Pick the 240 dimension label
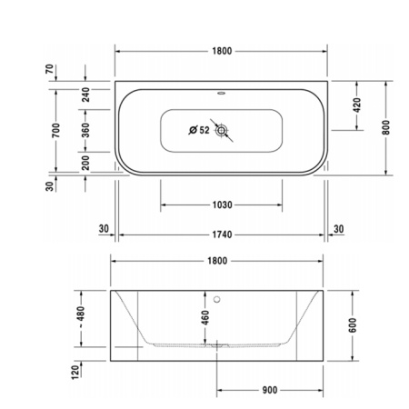click(x=85, y=94)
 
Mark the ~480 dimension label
click(x=82, y=318)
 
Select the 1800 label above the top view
click(x=222, y=52)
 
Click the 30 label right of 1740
click(x=339, y=228)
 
